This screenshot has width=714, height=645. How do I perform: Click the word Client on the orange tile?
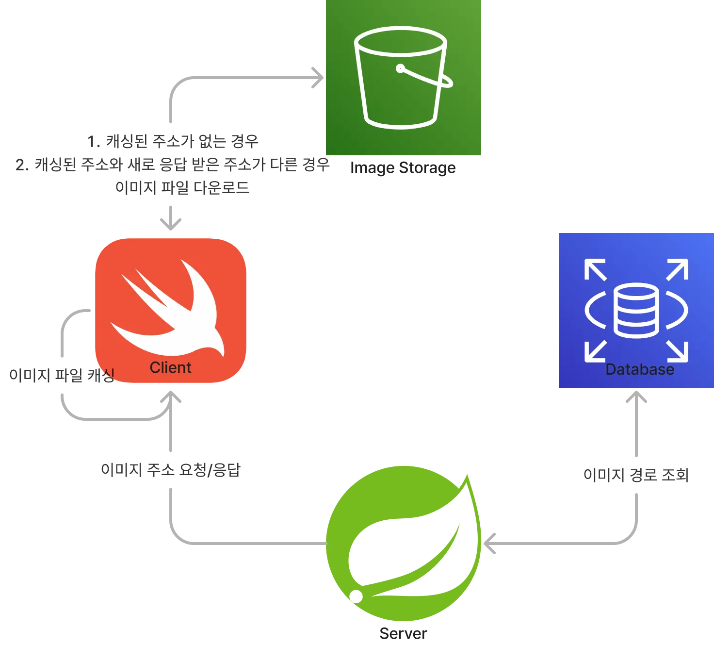(x=170, y=367)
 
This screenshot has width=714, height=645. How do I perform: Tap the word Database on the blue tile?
(x=640, y=369)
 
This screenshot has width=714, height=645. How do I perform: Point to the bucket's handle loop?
(x=439, y=80)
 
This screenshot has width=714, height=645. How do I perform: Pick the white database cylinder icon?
(x=636, y=311)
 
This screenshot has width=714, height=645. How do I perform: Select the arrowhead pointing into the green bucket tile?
(x=318, y=78)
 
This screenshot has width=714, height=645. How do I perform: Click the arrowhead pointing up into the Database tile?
(x=636, y=397)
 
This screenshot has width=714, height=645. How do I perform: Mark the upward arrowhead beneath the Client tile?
(x=171, y=397)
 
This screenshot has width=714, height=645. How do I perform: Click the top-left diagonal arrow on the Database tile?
(x=595, y=269)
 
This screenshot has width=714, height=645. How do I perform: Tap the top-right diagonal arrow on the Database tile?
(x=678, y=269)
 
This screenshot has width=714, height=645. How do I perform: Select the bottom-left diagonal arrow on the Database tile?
(x=595, y=351)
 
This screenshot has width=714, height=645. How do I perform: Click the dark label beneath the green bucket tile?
(x=403, y=168)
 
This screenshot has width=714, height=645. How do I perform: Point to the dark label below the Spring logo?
(x=404, y=633)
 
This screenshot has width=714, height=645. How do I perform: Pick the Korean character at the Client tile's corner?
(x=108, y=374)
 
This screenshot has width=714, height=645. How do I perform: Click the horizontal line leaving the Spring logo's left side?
(x=252, y=543)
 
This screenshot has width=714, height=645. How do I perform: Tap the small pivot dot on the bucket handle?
(x=400, y=68)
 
